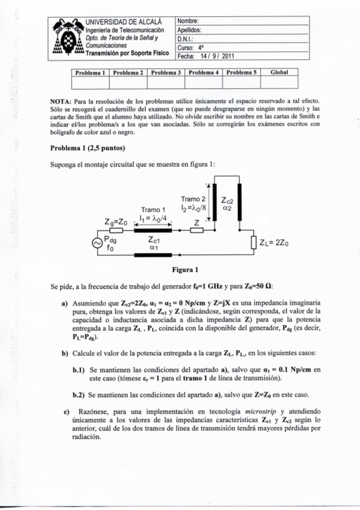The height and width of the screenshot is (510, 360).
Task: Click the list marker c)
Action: pyautogui.click(x=67, y=411)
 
